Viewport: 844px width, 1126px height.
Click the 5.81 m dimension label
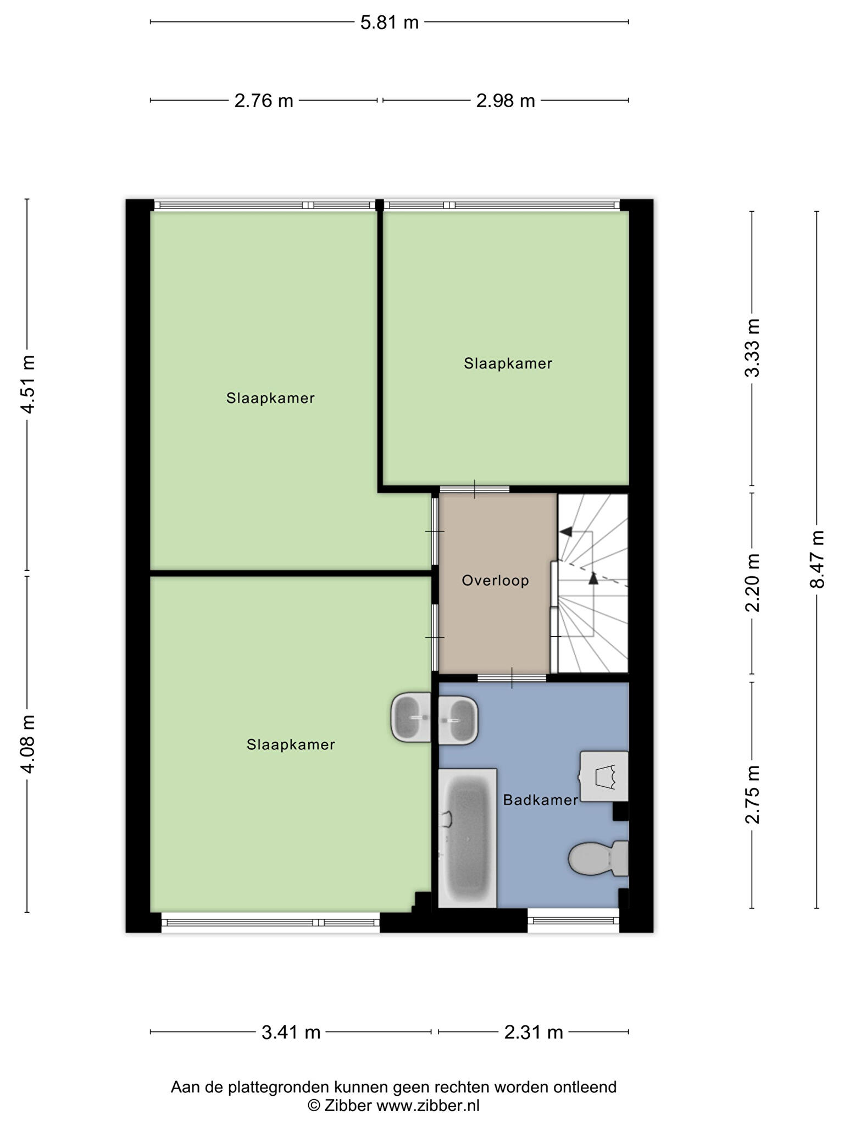pyautogui.click(x=389, y=23)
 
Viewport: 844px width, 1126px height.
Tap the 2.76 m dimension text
pyautogui.click(x=264, y=101)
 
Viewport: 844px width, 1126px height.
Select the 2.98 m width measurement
pyautogui.click(x=506, y=101)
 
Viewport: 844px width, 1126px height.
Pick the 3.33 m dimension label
pyautogui.click(x=752, y=348)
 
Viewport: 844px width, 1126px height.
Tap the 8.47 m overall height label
pyautogui.click(x=817, y=559)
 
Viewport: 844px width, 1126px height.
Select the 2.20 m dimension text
pyautogui.click(x=752, y=583)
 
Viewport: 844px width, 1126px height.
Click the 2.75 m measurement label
pyautogui.click(x=752, y=794)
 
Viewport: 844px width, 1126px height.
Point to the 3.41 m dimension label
pyautogui.click(x=291, y=1033)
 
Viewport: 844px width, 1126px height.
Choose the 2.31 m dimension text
pyautogui.click(x=534, y=1033)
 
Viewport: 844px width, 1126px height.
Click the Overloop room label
pyautogui.click(x=495, y=581)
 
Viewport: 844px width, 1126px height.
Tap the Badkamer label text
pyautogui.click(x=541, y=800)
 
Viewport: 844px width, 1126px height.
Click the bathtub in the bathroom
pyautogui.click(x=468, y=838)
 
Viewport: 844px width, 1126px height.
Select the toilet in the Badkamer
pyautogui.click(x=598, y=858)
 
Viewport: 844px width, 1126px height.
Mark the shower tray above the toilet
pyautogui.click(x=604, y=776)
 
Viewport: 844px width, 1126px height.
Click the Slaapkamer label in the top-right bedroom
pyautogui.click(x=508, y=363)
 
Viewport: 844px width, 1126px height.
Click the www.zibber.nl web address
pyautogui.click(x=427, y=1106)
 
